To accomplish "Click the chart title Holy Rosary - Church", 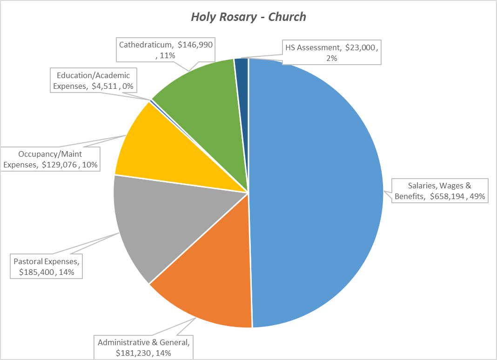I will [x=248, y=17].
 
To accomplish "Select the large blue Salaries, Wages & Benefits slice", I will [x=316, y=186].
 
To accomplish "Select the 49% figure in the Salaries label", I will [x=478, y=196].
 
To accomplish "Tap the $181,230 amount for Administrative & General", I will [x=135, y=353].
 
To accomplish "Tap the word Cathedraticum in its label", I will [x=146, y=45].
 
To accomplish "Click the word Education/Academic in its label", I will [x=94, y=74].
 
